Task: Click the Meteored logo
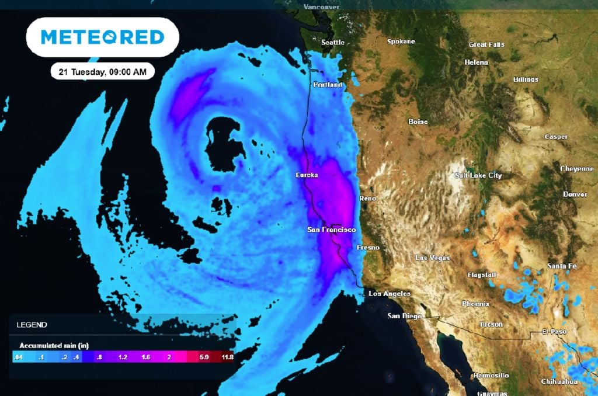[x=102, y=37]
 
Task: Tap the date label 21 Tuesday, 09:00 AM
[x=102, y=72]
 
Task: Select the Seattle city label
[x=333, y=42]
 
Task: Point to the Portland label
[x=327, y=85]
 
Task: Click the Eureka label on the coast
[x=307, y=175]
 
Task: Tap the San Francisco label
[x=331, y=230]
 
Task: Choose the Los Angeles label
[x=390, y=294]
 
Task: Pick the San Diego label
[x=405, y=316]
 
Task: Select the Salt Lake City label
[x=478, y=175]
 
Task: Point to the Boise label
[x=418, y=121]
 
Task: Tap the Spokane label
[x=401, y=41]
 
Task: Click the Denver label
[x=575, y=194]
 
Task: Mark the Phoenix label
[x=475, y=304]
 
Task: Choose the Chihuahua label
[x=559, y=381]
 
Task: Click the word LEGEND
[x=32, y=325]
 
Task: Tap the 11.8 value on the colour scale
[x=225, y=356]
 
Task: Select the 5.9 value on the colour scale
[x=204, y=356]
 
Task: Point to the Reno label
[x=368, y=199]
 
